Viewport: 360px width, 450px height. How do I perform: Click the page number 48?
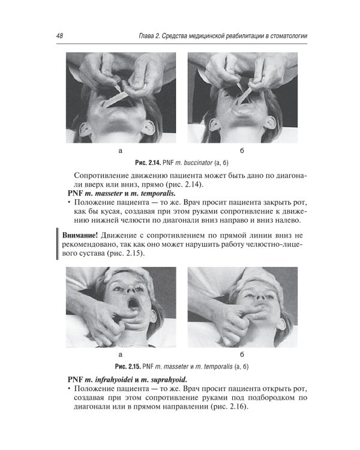click(x=59, y=35)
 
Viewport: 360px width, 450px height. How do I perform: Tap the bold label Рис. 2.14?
click(x=148, y=163)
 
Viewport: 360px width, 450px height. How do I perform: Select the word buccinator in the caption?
click(x=198, y=163)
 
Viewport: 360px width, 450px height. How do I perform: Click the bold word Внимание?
click(x=80, y=235)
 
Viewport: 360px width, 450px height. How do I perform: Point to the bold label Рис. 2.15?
click(x=127, y=367)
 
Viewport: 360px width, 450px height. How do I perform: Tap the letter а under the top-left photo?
click(x=120, y=151)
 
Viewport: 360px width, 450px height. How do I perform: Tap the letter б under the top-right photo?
click(x=242, y=151)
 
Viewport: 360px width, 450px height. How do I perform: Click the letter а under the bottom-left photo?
click(x=120, y=355)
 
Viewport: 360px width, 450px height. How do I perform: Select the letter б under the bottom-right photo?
click(x=242, y=355)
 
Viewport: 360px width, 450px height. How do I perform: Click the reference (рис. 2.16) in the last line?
click(x=229, y=407)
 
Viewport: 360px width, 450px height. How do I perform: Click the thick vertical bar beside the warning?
click(x=58, y=244)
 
